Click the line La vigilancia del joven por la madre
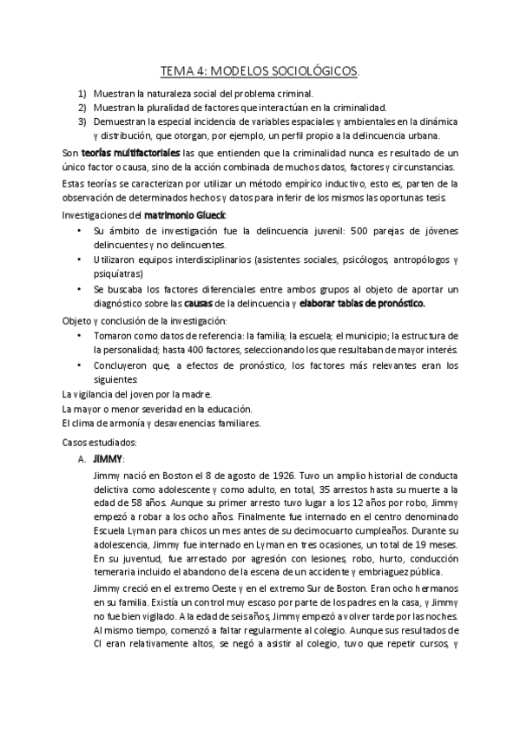132,394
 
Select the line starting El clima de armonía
161,423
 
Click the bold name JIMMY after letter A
109,457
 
